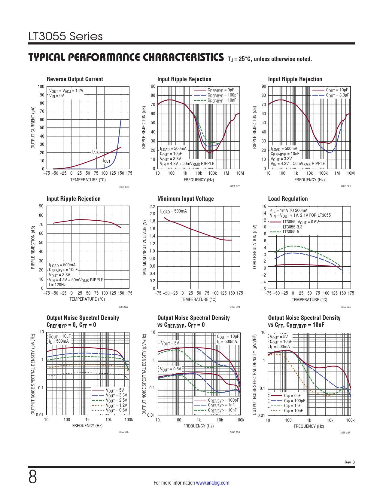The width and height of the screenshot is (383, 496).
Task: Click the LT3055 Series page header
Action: pos(65,36)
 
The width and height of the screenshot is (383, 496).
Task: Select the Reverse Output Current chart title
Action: pos(74,79)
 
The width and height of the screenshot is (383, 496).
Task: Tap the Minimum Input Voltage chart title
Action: pos(185,199)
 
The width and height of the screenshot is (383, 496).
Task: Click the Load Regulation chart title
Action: pos(288,199)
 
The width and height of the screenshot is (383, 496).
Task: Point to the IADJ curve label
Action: pos(96,152)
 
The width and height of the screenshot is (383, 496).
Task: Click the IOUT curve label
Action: pos(107,161)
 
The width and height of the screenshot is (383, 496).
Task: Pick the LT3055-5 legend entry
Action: pos(291,232)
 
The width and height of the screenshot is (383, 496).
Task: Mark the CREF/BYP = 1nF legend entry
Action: pos(221,405)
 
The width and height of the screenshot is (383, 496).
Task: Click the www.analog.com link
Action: pos(212,483)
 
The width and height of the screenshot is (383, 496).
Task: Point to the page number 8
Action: pos(33,477)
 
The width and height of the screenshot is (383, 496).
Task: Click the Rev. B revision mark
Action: pos(349,462)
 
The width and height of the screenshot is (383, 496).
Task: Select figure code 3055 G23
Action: pos(235,307)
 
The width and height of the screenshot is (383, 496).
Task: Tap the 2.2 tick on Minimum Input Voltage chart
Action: pos(152,207)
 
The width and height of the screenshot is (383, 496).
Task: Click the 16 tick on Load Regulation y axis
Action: pos(264,206)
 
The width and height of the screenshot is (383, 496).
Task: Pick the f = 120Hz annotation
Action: pos(57,285)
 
